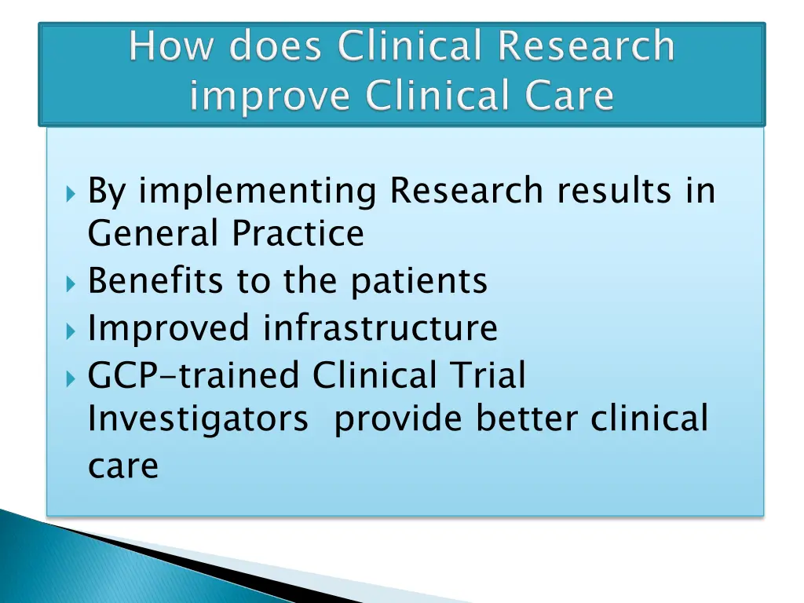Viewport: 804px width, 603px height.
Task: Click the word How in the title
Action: (166, 47)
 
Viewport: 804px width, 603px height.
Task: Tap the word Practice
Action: (298, 234)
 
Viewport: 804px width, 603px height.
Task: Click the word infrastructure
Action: (380, 327)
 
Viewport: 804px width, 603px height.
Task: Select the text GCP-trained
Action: (194, 375)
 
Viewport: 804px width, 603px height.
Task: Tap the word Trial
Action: (488, 375)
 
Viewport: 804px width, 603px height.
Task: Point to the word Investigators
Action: (198, 420)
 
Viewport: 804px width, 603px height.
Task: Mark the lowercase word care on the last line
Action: (122, 466)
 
